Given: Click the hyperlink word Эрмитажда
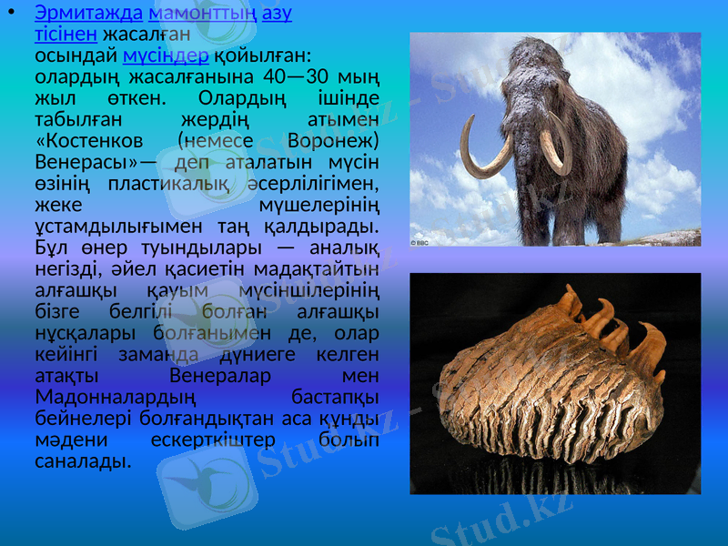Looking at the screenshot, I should pyautogui.click(x=87, y=15).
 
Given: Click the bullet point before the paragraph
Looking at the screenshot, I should pyautogui.click(x=11, y=15).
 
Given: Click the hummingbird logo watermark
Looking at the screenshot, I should pyautogui.click(x=202, y=480).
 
